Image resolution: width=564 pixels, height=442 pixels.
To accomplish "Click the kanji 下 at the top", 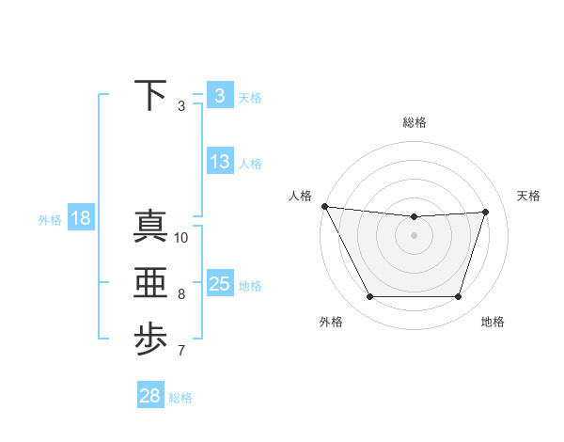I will click(150, 95).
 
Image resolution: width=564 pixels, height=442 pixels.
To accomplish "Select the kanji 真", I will click(150, 226).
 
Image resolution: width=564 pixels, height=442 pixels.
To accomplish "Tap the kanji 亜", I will click(150, 282).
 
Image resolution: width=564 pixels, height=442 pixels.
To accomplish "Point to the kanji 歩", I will click(150, 339).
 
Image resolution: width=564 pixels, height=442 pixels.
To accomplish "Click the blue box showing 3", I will click(219, 95).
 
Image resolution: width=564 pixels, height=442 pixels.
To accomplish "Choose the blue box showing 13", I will click(219, 162).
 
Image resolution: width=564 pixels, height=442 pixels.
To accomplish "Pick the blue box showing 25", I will click(219, 283).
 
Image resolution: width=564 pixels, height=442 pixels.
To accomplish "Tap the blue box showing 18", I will click(80, 219).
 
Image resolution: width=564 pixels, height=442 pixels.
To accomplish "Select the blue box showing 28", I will click(149, 396).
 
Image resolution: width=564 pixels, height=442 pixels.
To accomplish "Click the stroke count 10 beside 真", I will click(181, 238).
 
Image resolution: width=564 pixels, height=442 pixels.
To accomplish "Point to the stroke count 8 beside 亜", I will click(181, 294).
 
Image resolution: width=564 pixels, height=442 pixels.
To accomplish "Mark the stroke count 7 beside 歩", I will click(181, 352).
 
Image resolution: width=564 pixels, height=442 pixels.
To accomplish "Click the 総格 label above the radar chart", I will click(414, 122).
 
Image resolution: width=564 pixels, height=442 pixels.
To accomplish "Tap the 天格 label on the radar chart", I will click(528, 196).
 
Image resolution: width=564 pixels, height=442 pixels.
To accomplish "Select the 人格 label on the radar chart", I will click(299, 196).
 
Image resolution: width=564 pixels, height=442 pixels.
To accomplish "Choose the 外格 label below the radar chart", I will click(331, 322).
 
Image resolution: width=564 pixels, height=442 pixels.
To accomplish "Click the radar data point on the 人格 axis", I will click(324, 206).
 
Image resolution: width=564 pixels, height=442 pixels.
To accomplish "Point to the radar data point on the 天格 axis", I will click(486, 212).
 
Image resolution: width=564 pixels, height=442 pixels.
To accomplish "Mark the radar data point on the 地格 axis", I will click(459, 297).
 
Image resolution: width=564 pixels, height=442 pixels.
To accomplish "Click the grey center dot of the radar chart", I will click(414, 235).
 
